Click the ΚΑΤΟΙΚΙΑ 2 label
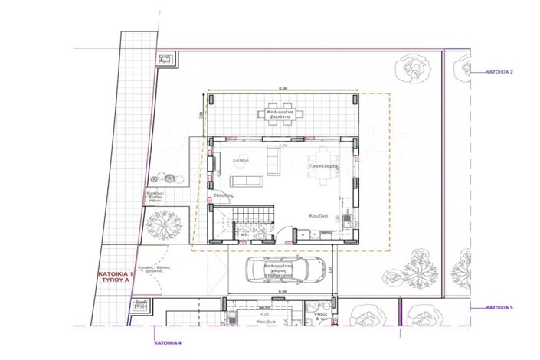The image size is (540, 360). (x=499, y=71)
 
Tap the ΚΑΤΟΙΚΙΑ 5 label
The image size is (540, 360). (x=499, y=307)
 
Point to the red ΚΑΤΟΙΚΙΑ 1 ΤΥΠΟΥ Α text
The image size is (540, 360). (x=116, y=277)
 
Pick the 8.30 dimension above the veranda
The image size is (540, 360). (x=283, y=89)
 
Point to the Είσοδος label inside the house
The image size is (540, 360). (x=223, y=196)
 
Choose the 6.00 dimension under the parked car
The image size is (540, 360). (x=282, y=291)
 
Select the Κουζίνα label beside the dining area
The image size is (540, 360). (x=319, y=216)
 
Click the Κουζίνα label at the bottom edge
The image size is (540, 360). (x=266, y=323)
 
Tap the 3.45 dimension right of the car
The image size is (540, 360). (x=332, y=269)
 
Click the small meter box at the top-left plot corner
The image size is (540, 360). (x=165, y=57)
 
